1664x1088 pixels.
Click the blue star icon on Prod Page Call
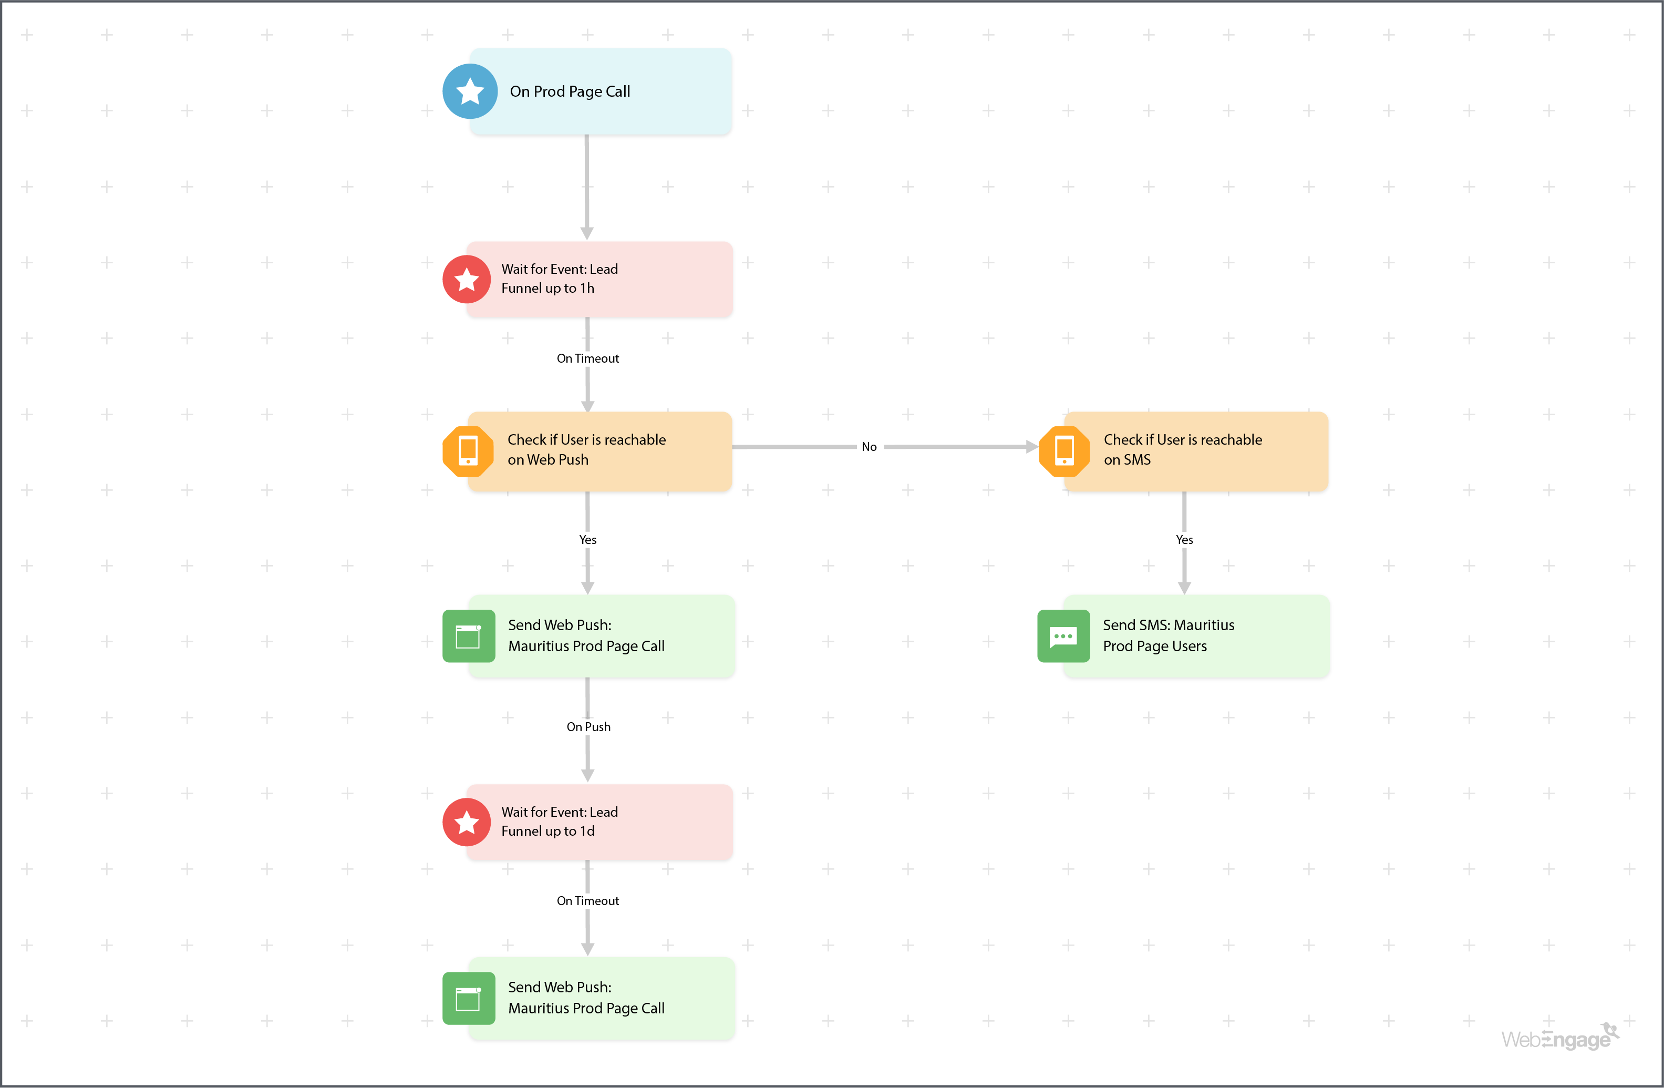pos(470,91)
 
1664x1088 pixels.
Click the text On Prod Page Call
pos(570,91)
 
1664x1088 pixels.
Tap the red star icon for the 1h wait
pos(467,280)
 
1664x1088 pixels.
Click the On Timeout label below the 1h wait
pos(587,358)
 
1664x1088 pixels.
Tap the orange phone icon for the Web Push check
pos(468,451)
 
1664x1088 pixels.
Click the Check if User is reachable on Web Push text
pos(586,449)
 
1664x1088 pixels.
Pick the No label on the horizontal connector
pos(869,447)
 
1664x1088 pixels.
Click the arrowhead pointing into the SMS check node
pos(1031,447)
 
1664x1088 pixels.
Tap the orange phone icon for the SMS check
pos(1064,451)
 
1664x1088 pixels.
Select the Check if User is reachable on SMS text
pos(1182,449)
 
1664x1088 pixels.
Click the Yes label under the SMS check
pos(1184,540)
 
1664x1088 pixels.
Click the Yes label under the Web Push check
pos(587,540)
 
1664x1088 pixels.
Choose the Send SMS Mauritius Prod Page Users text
pos(1169,635)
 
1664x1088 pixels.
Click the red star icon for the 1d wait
pos(467,822)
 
